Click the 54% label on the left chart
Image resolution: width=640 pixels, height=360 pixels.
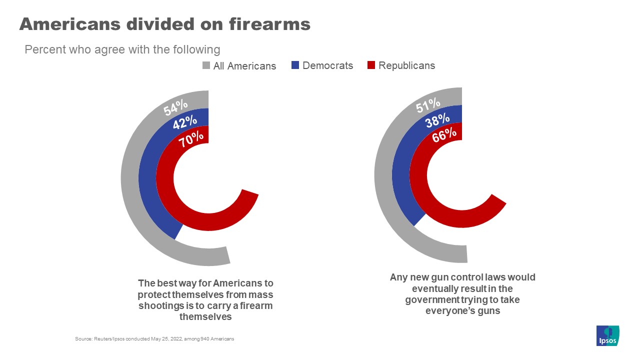click(175, 107)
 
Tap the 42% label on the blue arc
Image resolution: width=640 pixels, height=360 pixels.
click(184, 122)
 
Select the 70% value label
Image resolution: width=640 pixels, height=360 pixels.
click(192, 138)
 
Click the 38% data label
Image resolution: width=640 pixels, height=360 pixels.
click(436, 120)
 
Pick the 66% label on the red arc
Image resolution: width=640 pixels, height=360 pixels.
click(444, 135)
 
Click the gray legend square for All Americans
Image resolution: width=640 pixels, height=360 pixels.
click(206, 65)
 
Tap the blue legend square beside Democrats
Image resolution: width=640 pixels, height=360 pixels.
click(295, 65)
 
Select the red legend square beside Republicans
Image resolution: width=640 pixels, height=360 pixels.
click(371, 65)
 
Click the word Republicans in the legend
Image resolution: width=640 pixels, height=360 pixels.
click(406, 65)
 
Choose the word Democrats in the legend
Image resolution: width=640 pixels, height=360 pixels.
click(327, 65)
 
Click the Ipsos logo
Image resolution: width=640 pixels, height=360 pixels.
click(608, 335)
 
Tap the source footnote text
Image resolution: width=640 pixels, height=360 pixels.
click(154, 339)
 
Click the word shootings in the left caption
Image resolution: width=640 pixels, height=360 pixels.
click(160, 305)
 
